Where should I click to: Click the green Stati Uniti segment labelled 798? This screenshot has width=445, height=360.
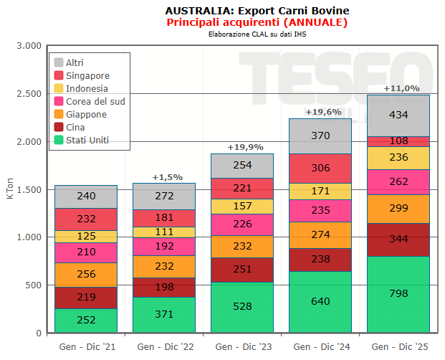coord(398,295)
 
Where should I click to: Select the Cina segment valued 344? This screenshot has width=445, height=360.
coord(398,240)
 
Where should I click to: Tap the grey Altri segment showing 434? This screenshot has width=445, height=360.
coord(398,115)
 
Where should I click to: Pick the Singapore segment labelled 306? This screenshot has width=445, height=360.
coord(320,169)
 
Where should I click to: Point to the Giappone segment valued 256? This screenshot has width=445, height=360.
coord(86,275)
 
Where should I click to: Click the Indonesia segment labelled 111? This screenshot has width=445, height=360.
coord(164,232)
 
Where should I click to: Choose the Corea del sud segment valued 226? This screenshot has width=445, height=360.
coord(242,224)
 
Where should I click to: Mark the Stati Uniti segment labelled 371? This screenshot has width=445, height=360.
coord(164,315)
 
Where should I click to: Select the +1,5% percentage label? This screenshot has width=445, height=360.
coord(168,177)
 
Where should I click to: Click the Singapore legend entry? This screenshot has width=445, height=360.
coord(87,75)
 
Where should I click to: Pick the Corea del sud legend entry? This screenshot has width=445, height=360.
coord(95,101)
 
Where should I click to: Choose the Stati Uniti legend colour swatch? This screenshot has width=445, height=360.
coord(59,140)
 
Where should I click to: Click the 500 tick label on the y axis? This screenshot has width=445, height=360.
coord(32,285)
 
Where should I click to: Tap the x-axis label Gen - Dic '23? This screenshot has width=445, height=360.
coord(242,347)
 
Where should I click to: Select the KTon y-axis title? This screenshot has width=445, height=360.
coord(10,190)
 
